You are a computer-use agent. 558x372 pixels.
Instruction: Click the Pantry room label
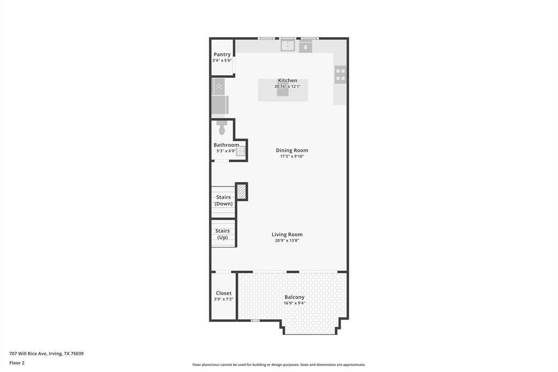pyautogui.click(x=222, y=55)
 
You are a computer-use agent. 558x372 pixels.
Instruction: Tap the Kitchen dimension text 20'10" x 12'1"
pyautogui.click(x=288, y=87)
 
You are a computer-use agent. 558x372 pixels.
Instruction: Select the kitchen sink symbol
pyautogui.click(x=288, y=46)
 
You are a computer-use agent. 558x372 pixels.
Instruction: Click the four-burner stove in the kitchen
pyautogui.click(x=341, y=75)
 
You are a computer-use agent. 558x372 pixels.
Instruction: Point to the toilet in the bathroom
pyautogui.click(x=222, y=128)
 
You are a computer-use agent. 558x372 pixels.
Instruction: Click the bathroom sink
pyautogui.click(x=241, y=151)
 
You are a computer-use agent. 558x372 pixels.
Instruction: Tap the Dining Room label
pyautogui.click(x=292, y=151)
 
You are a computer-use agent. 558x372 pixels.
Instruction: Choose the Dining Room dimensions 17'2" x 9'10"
pyautogui.click(x=292, y=157)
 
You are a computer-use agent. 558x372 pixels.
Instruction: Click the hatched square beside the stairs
pyautogui.click(x=241, y=191)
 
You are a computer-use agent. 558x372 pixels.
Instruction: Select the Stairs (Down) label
pyautogui.click(x=223, y=200)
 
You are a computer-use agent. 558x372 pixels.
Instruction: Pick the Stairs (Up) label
pyautogui.click(x=222, y=234)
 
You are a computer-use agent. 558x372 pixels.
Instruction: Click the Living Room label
pyautogui.click(x=287, y=235)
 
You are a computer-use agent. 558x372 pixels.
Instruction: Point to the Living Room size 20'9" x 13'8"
pyautogui.click(x=287, y=241)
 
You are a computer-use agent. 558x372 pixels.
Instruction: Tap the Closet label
pyautogui.click(x=223, y=293)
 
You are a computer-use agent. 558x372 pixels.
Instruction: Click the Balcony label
pyautogui.click(x=294, y=297)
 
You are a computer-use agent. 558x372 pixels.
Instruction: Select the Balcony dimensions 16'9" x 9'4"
pyautogui.click(x=294, y=303)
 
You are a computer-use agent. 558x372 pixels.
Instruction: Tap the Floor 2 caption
pyautogui.click(x=17, y=363)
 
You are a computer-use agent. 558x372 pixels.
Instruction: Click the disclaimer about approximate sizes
pyautogui.click(x=278, y=364)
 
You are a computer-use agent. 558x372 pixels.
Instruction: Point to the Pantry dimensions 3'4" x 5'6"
pyautogui.click(x=222, y=61)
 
